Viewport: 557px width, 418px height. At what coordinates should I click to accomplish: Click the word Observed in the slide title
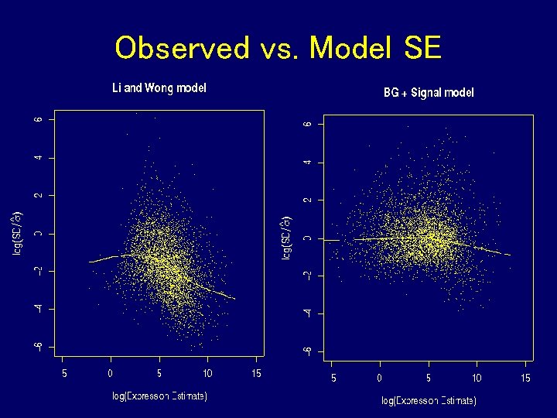[182, 49]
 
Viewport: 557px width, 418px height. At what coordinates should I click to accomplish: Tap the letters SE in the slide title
[422, 49]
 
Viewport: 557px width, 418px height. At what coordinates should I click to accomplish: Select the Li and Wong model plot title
[159, 88]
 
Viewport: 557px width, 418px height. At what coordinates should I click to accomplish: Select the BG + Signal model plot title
[429, 93]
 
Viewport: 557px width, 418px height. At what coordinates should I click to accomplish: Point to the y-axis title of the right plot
[287, 237]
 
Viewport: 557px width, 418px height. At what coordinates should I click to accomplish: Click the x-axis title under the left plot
[159, 396]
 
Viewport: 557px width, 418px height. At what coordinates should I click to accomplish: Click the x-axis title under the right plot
[429, 401]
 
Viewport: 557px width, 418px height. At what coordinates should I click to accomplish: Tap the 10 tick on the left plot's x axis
[207, 374]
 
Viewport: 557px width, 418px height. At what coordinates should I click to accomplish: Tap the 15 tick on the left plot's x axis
[255, 374]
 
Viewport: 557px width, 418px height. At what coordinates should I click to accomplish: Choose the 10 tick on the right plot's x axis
[477, 378]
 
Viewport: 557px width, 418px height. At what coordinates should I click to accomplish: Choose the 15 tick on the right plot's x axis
[525, 378]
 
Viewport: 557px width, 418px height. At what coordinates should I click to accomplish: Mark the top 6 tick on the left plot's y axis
[38, 120]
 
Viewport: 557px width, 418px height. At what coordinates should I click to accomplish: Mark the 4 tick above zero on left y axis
[38, 158]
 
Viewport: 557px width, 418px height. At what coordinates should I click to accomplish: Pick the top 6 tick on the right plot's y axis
[307, 124]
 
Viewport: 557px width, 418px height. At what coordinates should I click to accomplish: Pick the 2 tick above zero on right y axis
[307, 200]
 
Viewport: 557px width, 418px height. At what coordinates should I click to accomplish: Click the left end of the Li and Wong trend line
[90, 262]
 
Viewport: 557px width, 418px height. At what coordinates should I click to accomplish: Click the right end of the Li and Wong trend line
[234, 299]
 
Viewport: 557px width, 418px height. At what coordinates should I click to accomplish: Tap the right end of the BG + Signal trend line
[511, 255]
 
